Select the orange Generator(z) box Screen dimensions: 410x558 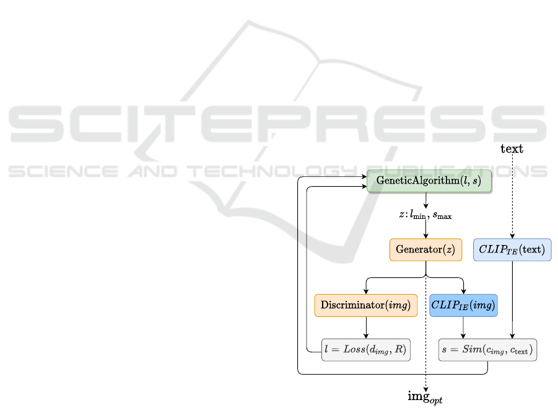pyautogui.click(x=425, y=249)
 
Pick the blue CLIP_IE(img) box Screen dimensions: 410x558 pyautogui.click(x=463, y=306)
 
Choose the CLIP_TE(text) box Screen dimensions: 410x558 pyautogui.click(x=512, y=249)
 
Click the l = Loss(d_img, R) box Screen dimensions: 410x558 pyautogui.click(x=365, y=350)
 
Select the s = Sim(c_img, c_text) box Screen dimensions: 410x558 pyautogui.click(x=487, y=350)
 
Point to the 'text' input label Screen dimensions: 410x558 pyautogui.click(x=512, y=149)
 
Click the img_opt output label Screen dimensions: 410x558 pyautogui.click(x=425, y=396)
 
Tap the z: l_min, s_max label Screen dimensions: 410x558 pyautogui.click(x=425, y=215)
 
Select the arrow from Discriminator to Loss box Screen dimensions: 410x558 pyautogui.click(x=366, y=328)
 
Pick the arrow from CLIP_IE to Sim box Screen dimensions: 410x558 pyautogui.click(x=464, y=328)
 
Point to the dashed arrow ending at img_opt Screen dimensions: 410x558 pyautogui.click(x=426, y=366)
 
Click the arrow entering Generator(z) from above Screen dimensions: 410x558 pyautogui.click(x=426, y=230)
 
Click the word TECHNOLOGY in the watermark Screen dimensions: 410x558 pyautogui.click(x=267, y=171)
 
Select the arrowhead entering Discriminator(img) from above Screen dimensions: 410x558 pyautogui.click(x=366, y=291)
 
